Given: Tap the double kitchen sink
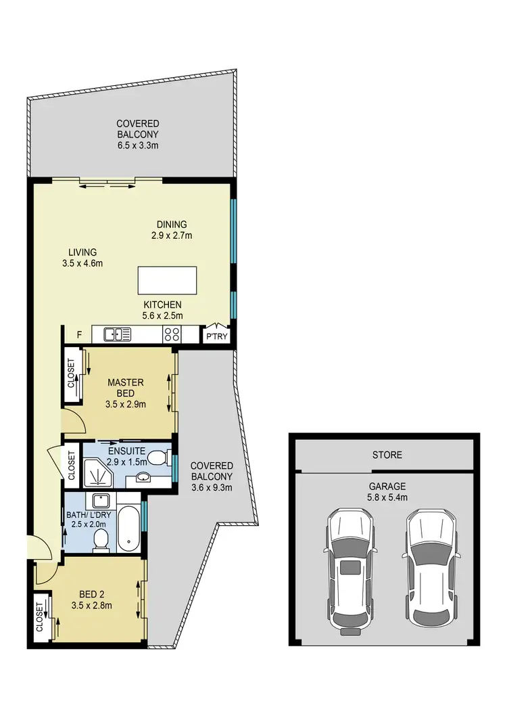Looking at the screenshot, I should pos(117,334).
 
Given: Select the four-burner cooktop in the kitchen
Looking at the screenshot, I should pos(172,334).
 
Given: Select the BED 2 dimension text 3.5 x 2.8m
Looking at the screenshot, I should pos(92,606).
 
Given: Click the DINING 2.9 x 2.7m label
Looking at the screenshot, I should pos(171,230).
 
